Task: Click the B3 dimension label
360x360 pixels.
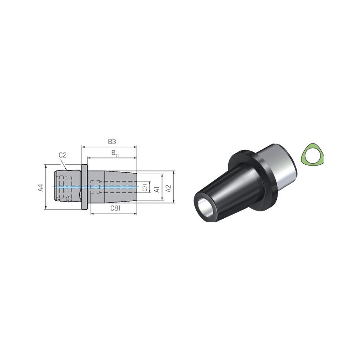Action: click(x=112, y=142)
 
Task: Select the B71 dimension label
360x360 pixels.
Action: click(x=115, y=153)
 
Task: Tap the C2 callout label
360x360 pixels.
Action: click(x=63, y=155)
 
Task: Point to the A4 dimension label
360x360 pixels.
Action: click(x=40, y=188)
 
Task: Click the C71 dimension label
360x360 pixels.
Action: click(x=145, y=187)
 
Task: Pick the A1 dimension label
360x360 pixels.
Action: click(x=157, y=189)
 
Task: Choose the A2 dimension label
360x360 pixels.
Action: click(x=168, y=189)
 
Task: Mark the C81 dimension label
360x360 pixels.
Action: click(x=115, y=208)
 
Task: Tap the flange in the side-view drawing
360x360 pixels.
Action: click(x=85, y=187)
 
